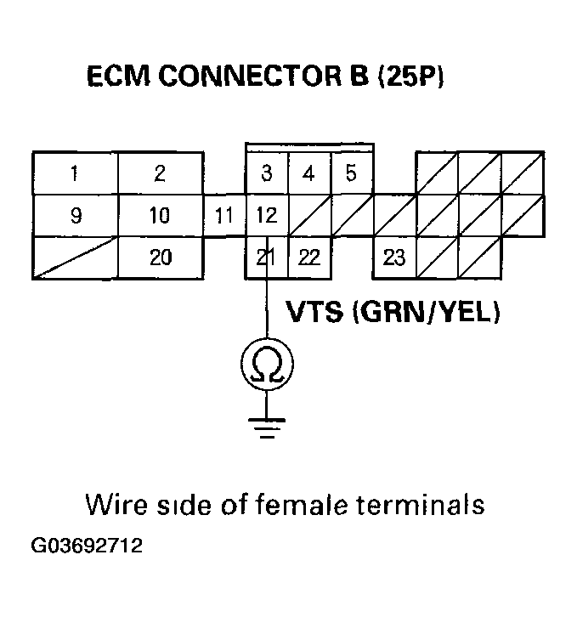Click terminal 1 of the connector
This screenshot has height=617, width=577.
75,174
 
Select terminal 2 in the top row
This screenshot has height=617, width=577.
160,174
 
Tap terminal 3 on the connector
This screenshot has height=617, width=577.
267,174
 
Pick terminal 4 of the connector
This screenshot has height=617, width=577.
309,174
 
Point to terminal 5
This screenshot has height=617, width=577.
351,174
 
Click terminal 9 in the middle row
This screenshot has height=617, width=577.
75,216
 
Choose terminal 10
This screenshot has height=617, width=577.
160,216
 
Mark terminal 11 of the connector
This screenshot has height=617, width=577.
223,216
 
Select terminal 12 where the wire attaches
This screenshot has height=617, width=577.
267,216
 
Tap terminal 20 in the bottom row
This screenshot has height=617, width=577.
160,258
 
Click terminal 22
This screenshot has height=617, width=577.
309,258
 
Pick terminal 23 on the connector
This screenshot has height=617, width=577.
393,258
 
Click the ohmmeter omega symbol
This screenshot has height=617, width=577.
267,365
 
